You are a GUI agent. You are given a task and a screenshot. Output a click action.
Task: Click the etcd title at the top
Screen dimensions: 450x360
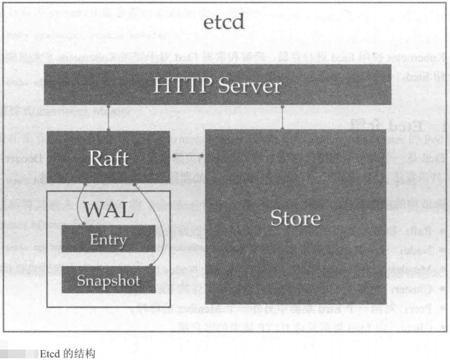point(224,24)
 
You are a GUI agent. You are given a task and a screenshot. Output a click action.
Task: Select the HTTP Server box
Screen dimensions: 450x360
point(217,84)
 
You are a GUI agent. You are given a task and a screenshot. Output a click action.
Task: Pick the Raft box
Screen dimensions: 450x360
point(108,157)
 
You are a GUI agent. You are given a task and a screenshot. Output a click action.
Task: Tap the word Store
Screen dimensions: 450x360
point(296,218)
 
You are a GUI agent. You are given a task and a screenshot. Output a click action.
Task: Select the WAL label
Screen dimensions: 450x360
point(108,209)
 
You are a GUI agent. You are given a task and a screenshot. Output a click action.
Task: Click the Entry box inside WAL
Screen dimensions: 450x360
point(108,239)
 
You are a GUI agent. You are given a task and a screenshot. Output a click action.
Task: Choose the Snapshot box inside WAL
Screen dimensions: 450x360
point(108,280)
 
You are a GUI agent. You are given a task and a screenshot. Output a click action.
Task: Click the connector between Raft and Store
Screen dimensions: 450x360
point(188,155)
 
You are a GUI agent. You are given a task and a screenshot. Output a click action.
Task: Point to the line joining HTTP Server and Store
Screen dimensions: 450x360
point(282,117)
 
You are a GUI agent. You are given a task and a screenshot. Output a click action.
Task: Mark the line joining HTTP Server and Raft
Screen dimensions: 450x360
point(109,117)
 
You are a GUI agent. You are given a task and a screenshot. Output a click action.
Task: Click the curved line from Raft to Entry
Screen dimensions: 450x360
point(80,204)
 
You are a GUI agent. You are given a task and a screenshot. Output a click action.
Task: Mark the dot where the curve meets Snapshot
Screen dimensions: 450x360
point(153,267)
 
